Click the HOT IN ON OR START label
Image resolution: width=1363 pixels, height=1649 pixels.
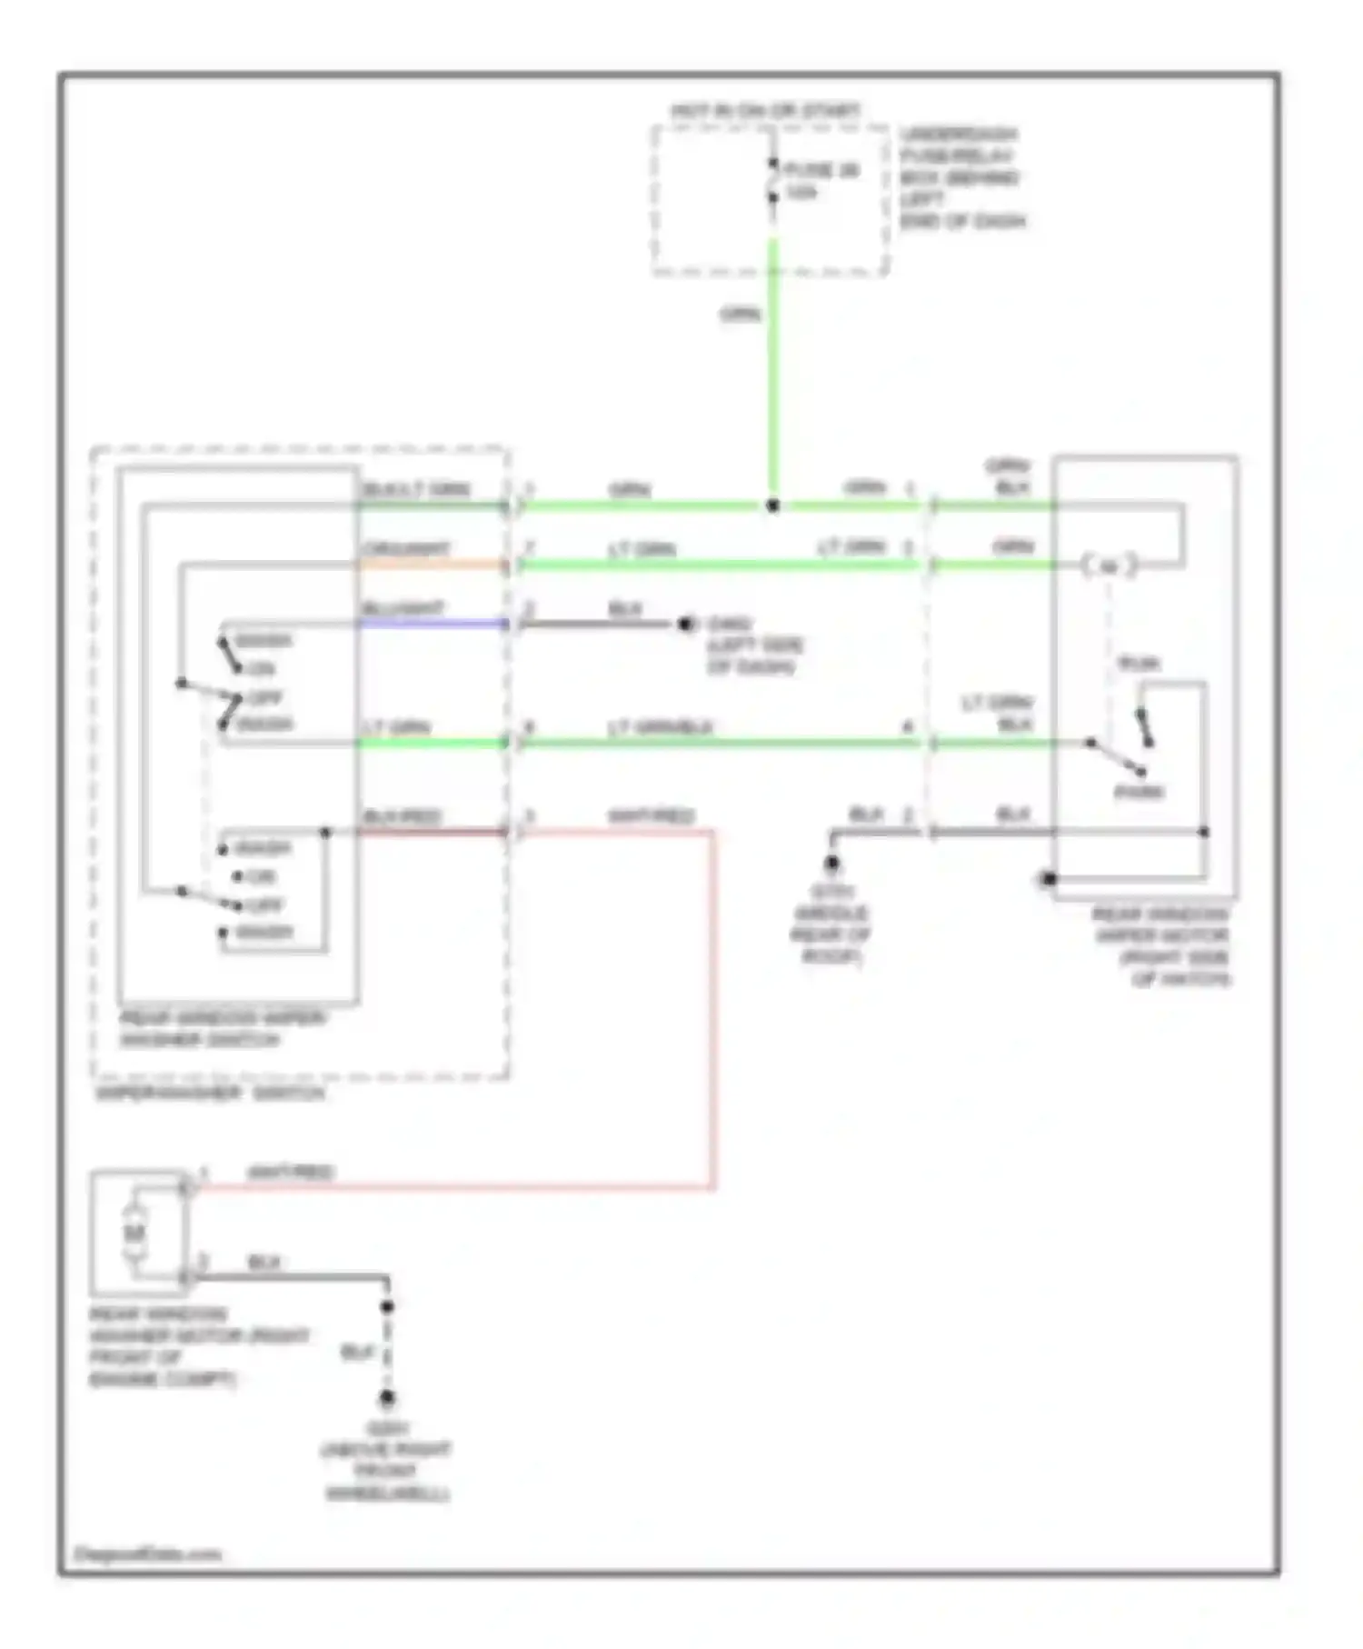pos(765,112)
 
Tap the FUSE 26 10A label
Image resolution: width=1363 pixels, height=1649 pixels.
pos(821,181)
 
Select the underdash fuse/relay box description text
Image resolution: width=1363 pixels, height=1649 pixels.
pos(961,178)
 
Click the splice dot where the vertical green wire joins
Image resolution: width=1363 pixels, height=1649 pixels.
pos(773,505)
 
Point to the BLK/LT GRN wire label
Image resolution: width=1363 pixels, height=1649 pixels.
pos(416,489)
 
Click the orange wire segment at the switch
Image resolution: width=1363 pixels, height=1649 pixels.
pos(432,565)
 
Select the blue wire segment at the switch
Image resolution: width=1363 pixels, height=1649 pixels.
pos(432,624)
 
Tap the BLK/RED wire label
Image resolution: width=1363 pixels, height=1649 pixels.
pos(402,816)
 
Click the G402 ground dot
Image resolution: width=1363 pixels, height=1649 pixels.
pos(687,625)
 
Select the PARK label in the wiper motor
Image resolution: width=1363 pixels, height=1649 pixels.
pos(1139,793)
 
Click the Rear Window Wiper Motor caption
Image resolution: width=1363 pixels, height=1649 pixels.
pos(1161,946)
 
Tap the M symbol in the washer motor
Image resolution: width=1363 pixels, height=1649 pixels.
pos(134,1234)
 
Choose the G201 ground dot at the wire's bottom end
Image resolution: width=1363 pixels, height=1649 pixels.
pos(387,1398)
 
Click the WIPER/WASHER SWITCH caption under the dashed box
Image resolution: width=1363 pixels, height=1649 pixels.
pos(210,1093)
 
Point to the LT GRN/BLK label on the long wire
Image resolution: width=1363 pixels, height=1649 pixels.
pos(660,727)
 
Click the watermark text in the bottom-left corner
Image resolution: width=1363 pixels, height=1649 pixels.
pos(147,1554)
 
